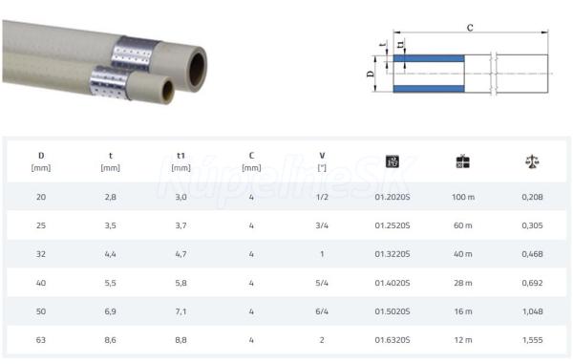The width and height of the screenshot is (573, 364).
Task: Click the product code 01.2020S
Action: [x=393, y=197]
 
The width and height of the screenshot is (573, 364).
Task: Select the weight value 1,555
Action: [x=532, y=340]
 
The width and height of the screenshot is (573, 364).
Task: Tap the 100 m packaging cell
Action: [x=462, y=197]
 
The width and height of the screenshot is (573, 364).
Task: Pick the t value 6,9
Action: [x=110, y=311]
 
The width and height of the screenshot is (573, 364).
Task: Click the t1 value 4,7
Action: [x=180, y=254]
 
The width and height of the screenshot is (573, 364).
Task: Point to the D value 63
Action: [x=41, y=340]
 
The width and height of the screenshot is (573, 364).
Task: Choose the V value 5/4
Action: [x=322, y=283]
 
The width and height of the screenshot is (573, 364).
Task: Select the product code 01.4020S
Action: [x=393, y=283]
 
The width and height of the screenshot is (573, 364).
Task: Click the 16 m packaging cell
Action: [x=462, y=311]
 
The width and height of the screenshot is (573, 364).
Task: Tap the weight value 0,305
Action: [x=532, y=225]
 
